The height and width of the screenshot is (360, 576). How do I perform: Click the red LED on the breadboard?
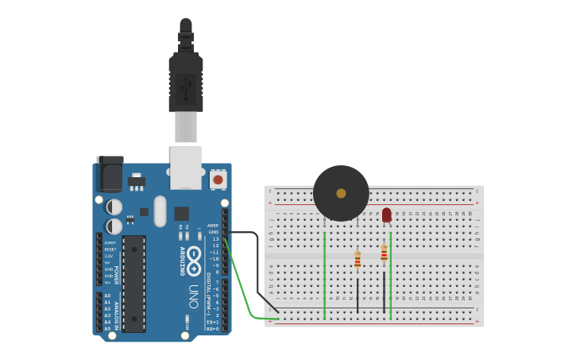[x=387, y=215]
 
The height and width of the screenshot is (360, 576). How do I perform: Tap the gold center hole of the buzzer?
[x=341, y=193]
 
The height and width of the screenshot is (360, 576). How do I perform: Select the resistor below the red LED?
[x=384, y=253]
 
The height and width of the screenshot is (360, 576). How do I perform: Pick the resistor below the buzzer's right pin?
[x=358, y=260]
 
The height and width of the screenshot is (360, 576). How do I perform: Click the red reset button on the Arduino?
[x=218, y=180]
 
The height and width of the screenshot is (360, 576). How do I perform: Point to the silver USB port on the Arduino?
[x=186, y=167]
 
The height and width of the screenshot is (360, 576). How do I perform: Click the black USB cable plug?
[x=186, y=79]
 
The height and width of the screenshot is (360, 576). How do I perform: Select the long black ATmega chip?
[x=133, y=283]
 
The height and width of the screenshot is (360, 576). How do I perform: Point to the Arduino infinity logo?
[x=194, y=261]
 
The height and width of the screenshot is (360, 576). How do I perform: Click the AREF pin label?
[x=213, y=226]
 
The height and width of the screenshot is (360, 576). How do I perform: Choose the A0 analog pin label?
[x=107, y=296]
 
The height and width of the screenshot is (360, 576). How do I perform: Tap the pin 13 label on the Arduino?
[x=215, y=238]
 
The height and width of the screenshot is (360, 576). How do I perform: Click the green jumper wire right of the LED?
[x=391, y=274]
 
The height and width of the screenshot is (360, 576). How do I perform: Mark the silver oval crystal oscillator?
[x=160, y=211]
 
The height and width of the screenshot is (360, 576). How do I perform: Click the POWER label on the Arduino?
[x=116, y=275]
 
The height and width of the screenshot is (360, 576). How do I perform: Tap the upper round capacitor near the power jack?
[x=114, y=207]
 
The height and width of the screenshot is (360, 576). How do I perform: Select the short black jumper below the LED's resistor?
[x=384, y=291]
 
